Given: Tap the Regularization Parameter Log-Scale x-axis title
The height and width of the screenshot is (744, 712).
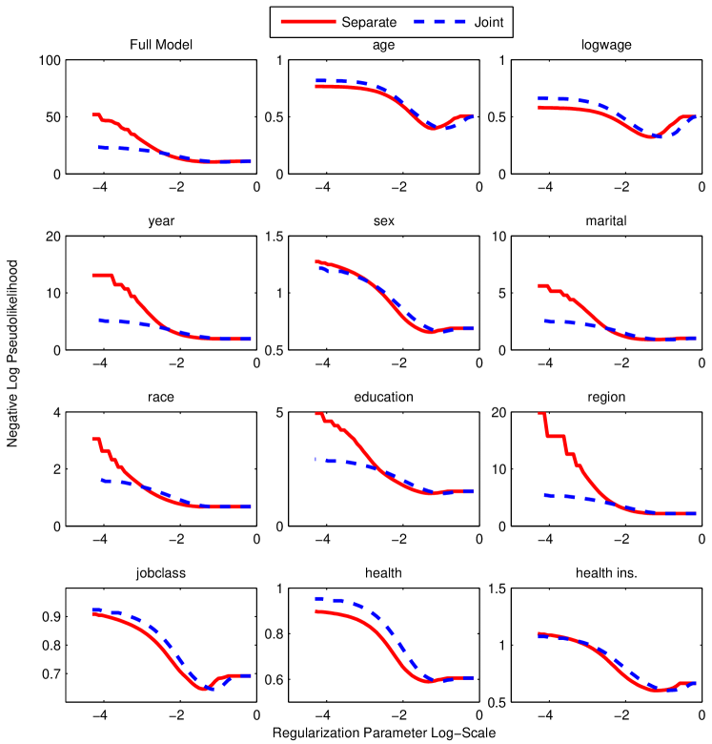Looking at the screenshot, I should [x=381, y=734].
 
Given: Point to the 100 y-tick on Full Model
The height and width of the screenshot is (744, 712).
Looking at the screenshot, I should [x=49, y=61].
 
